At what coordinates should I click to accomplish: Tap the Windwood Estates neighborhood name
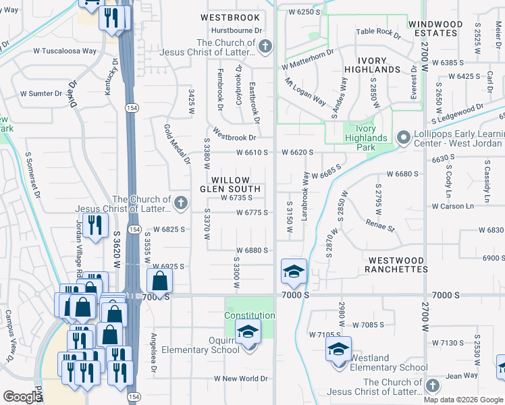(435, 28)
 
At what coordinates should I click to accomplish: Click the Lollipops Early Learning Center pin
(403, 138)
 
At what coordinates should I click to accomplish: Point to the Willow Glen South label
(234, 184)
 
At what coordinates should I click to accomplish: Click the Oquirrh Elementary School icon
(248, 332)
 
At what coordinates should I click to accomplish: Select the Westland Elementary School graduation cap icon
(338, 349)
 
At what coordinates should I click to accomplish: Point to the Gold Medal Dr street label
(177, 144)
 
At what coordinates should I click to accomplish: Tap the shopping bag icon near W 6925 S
(159, 280)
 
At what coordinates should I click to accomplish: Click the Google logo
(22, 396)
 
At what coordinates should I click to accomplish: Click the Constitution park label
(249, 315)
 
